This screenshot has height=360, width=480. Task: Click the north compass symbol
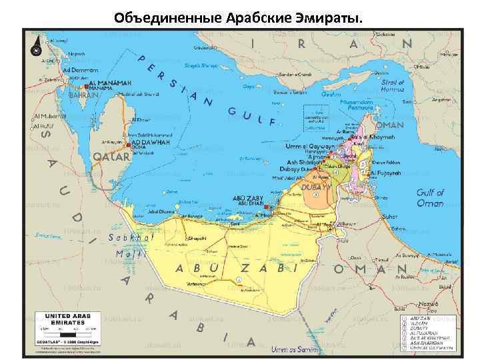click(34, 48)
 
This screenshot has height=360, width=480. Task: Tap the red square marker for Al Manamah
click(86, 86)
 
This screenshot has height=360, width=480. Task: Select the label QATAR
click(111, 156)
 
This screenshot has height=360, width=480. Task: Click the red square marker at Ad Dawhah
click(128, 144)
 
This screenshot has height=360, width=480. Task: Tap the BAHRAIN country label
click(83, 95)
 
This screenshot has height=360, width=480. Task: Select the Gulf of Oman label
click(430, 198)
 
